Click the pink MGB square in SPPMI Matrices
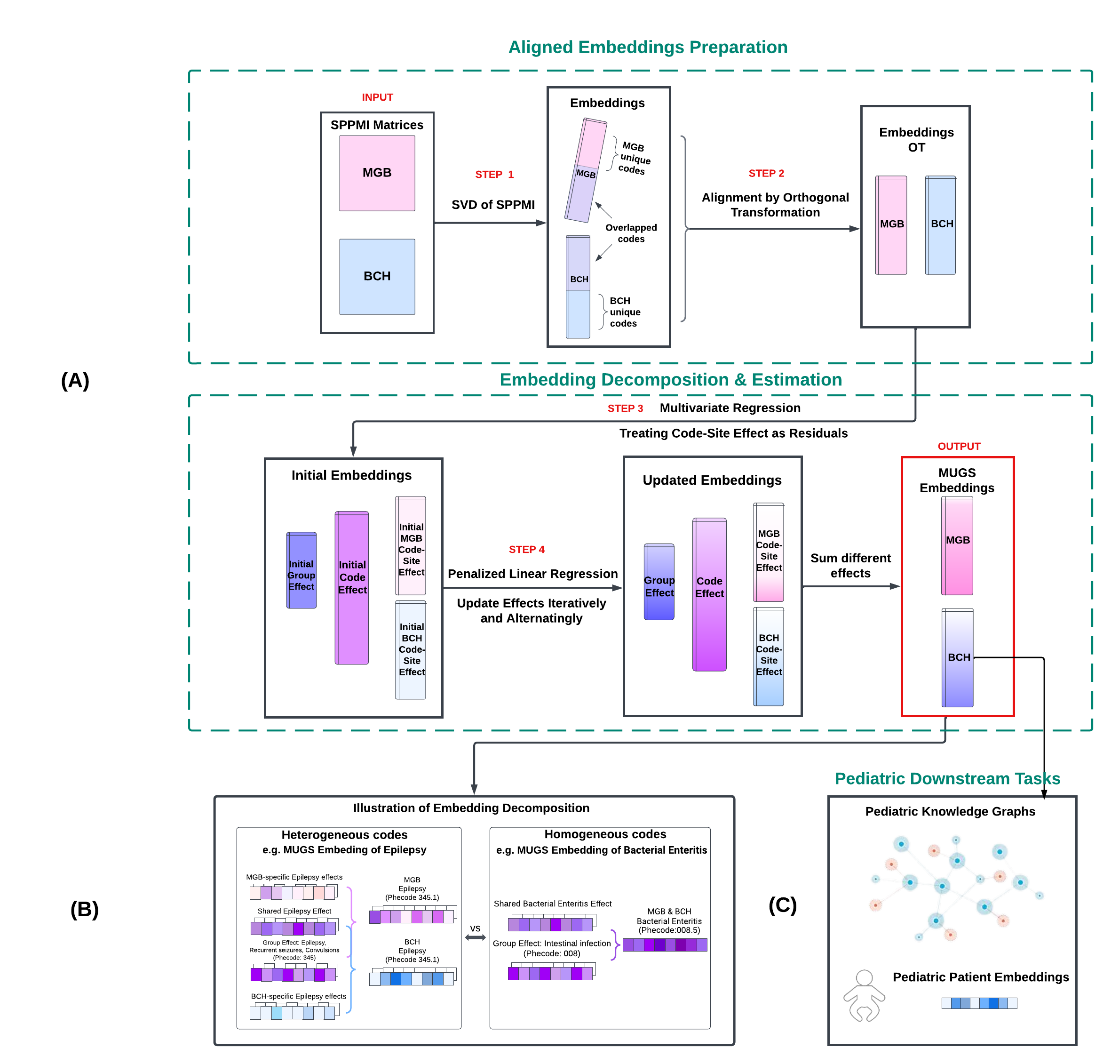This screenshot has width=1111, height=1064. point(377,173)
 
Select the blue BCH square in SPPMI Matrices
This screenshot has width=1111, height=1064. point(377,276)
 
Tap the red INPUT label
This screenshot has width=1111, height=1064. point(377,97)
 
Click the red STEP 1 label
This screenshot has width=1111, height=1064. point(494,174)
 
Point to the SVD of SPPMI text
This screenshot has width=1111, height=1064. point(492,205)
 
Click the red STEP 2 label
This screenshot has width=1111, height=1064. point(766,173)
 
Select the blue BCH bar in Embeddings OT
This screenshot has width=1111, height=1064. point(940,225)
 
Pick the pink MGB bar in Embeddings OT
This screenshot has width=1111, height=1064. point(890,225)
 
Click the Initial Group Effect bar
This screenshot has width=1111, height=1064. point(301,570)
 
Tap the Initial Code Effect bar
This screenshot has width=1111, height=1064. point(351,588)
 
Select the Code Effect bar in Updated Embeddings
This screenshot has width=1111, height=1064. point(709,594)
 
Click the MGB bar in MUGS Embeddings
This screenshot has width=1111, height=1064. point(957,545)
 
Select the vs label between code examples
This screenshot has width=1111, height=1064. point(475,928)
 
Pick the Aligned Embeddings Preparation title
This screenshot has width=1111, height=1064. point(647,47)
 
